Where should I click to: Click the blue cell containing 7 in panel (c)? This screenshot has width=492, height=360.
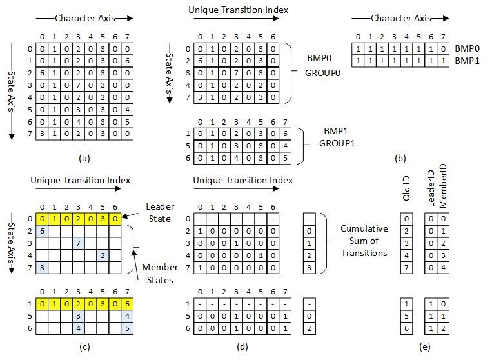[x=77, y=243]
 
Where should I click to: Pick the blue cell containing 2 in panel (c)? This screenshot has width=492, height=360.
[x=101, y=255]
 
